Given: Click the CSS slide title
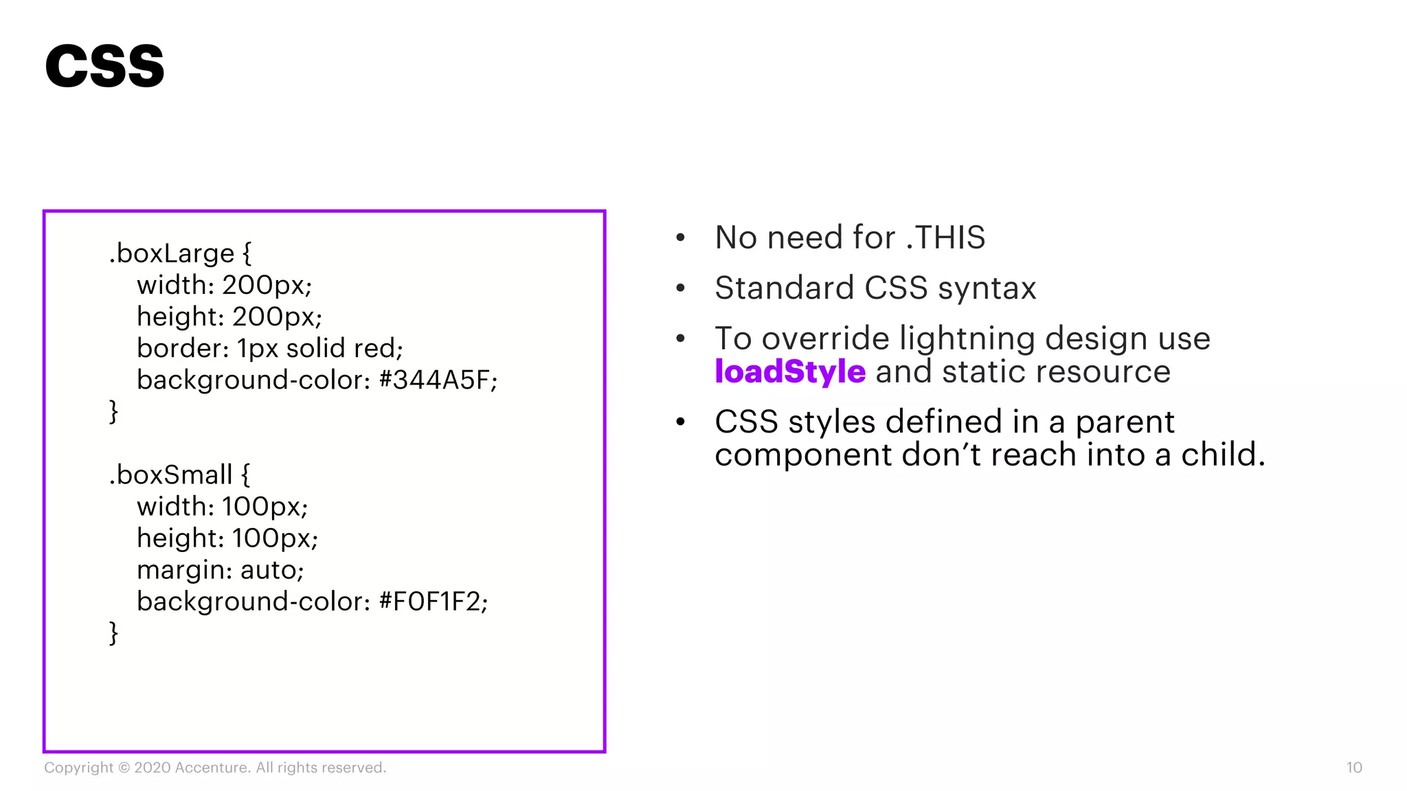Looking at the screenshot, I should point(104,66).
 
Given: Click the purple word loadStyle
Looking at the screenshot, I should point(789,371).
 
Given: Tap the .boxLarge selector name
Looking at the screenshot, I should point(172,253).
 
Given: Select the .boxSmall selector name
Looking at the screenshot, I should point(171,474).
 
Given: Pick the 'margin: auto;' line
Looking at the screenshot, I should point(220,570).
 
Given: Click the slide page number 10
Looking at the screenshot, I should point(1353,768).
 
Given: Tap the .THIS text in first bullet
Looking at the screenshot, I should point(945,238).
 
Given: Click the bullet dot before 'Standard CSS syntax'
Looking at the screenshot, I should point(680,288).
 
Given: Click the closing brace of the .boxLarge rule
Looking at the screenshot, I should point(113,412).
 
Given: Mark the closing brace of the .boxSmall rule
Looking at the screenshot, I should point(113,633).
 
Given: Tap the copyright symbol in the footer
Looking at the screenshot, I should point(124,768).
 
